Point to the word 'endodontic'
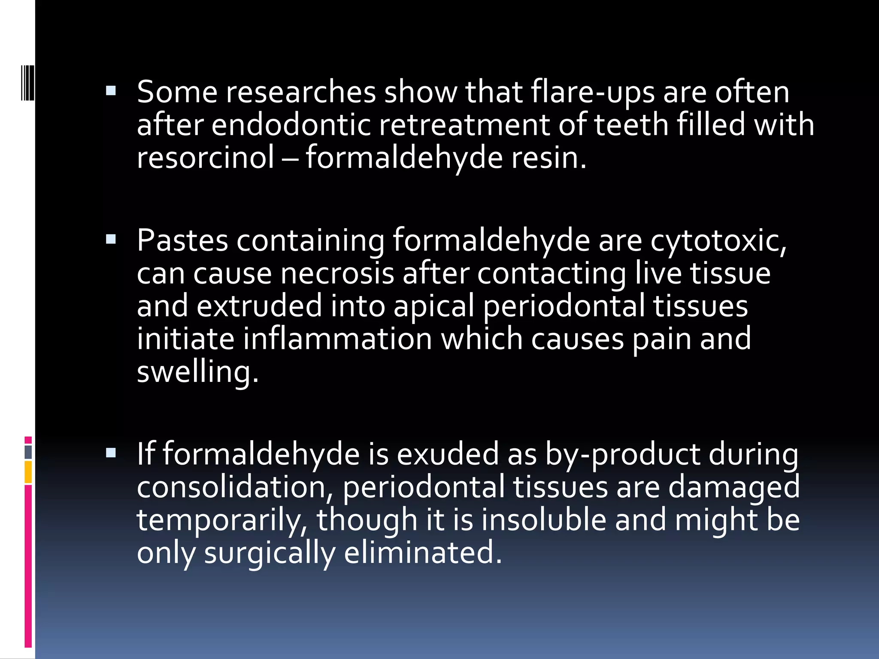click(291, 125)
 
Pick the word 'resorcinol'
click(205, 157)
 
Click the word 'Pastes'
click(182, 241)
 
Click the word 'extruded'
click(259, 306)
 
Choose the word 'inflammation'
click(337, 339)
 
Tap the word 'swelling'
click(197, 372)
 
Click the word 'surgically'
click(269, 553)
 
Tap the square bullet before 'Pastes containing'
click(111, 239)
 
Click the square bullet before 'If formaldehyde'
click(111, 453)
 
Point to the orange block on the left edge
click(28, 472)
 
